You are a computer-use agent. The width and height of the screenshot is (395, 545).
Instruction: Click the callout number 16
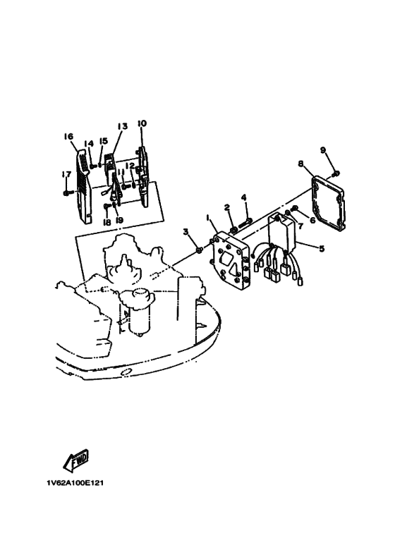click(x=68, y=136)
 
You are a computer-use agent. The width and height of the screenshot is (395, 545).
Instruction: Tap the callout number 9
click(x=323, y=150)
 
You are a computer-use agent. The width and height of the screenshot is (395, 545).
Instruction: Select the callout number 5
click(x=322, y=249)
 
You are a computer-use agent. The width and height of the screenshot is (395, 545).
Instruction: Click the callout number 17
click(x=66, y=174)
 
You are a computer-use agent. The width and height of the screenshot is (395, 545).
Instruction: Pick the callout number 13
click(x=123, y=125)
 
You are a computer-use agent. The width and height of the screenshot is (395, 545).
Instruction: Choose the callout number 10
click(x=142, y=123)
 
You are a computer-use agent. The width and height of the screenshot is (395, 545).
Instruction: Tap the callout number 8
click(x=300, y=164)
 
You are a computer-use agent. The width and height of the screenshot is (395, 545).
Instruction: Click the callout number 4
click(x=244, y=198)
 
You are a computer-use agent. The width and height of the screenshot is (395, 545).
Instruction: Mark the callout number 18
click(x=107, y=222)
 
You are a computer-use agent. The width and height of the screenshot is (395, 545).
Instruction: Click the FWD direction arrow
click(x=75, y=460)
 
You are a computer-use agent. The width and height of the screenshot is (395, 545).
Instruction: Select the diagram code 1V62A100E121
click(x=75, y=483)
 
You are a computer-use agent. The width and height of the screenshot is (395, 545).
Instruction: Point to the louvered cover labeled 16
click(x=83, y=186)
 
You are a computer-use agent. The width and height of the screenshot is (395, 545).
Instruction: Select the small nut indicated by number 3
click(x=198, y=249)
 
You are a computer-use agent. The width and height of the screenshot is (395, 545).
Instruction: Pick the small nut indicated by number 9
click(x=336, y=173)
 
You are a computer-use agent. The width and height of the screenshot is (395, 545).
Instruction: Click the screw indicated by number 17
click(x=68, y=192)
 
